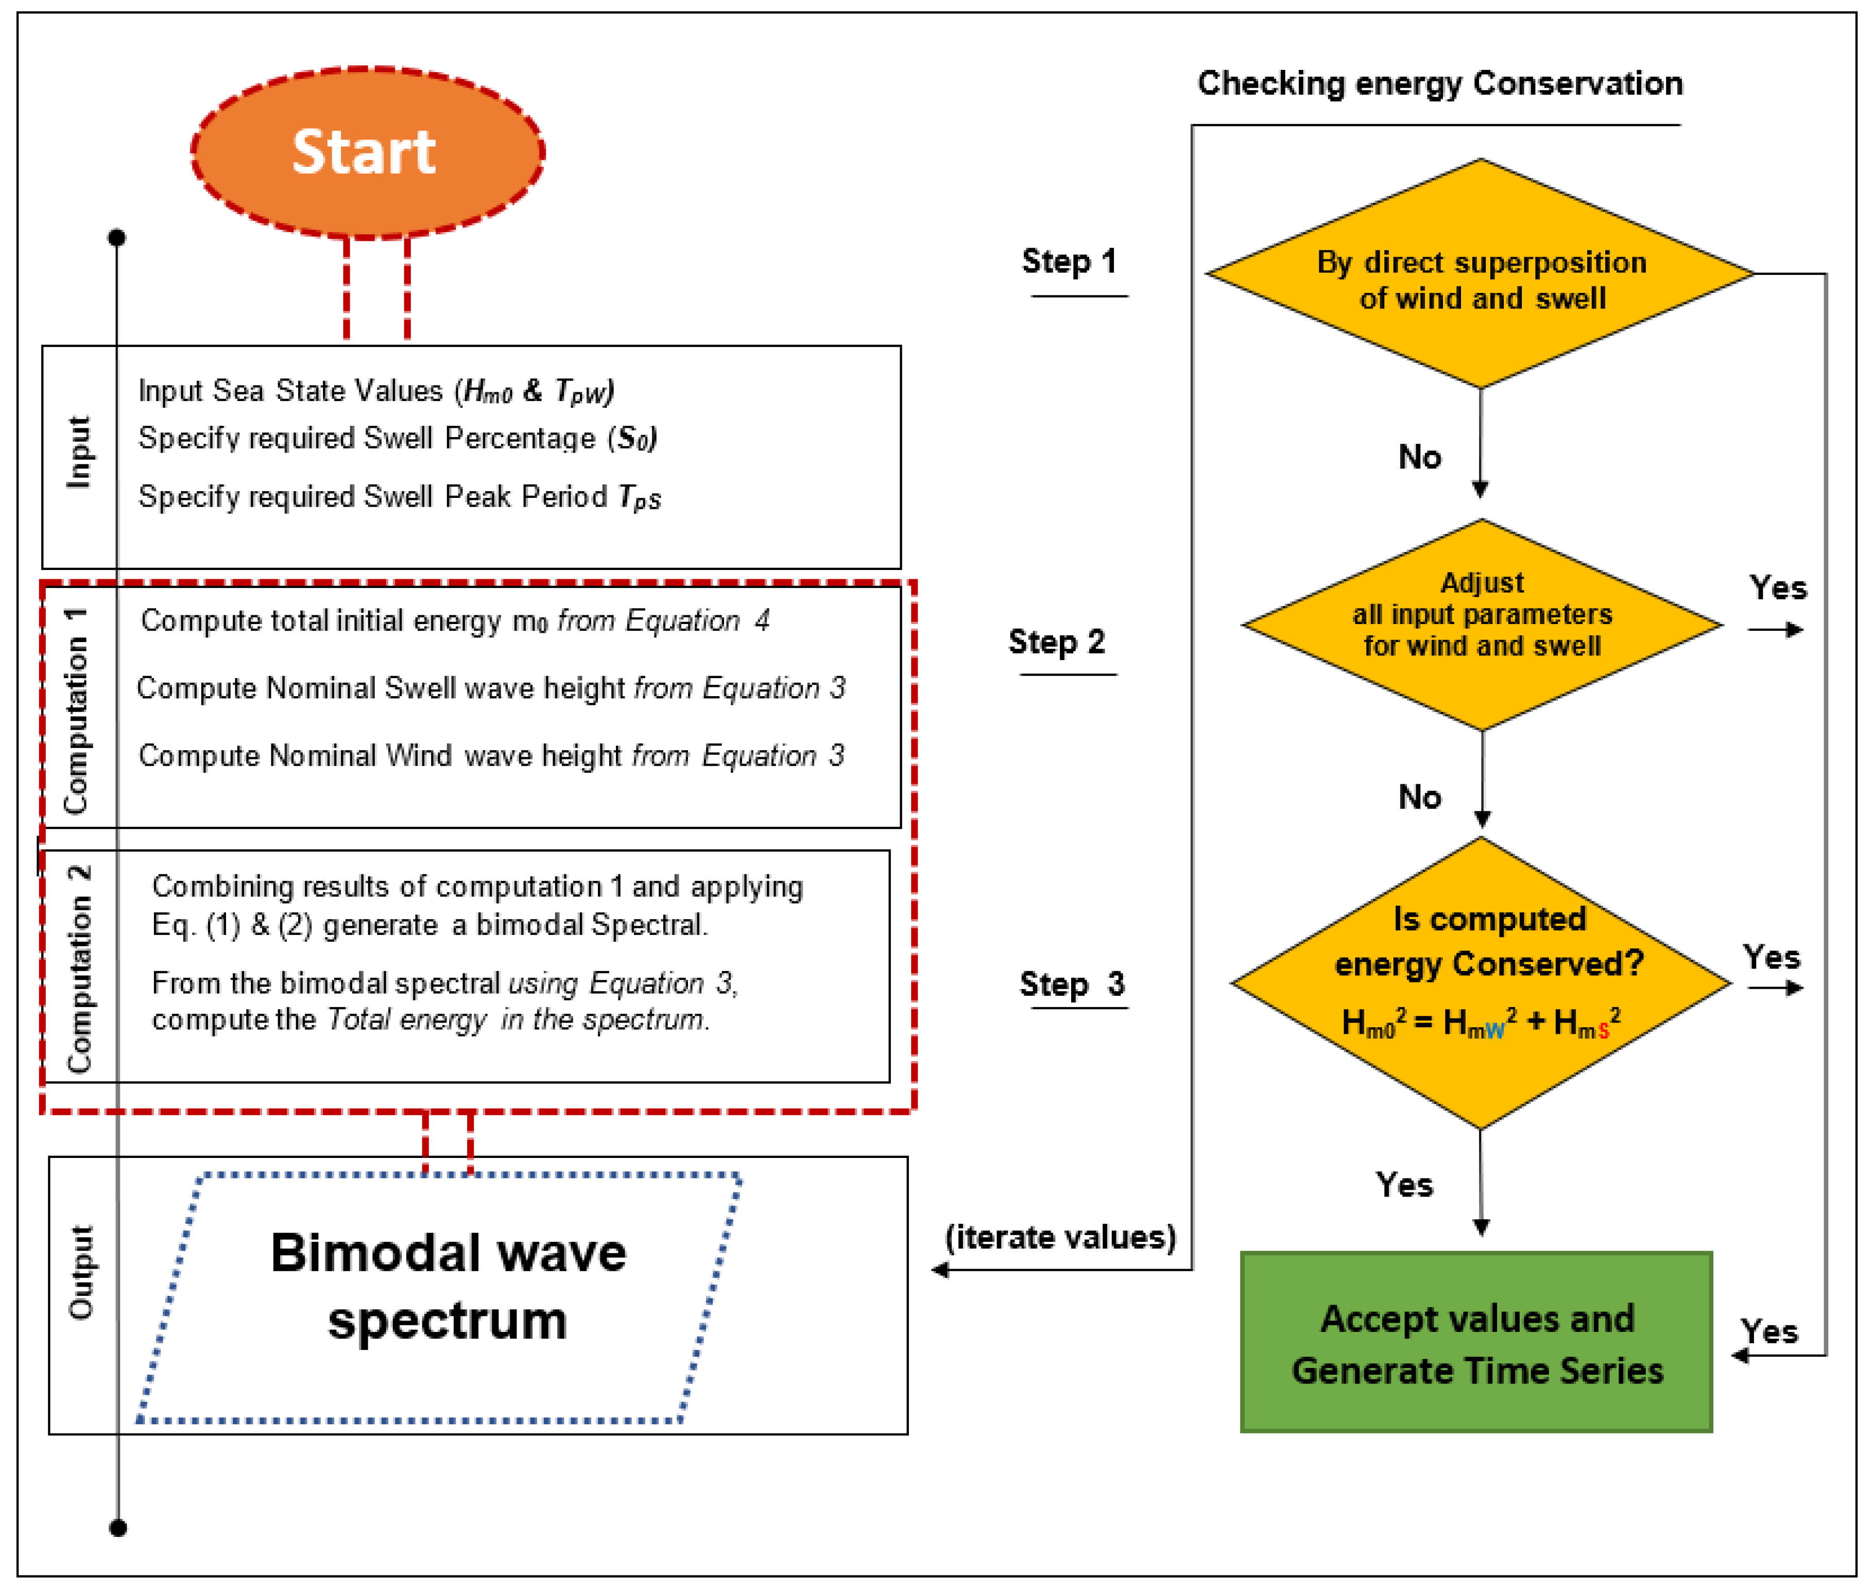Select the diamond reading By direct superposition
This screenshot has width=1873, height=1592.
[x=1481, y=275]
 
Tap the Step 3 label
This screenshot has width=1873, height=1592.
[x=1072, y=984]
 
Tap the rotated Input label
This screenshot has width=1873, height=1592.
[x=79, y=453]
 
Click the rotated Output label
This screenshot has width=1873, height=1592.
[x=81, y=1272]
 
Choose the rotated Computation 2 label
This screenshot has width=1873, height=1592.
[x=79, y=967]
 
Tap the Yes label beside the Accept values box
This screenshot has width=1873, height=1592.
[x=1769, y=1332]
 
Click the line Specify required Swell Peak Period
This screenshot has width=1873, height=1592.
[x=399, y=497]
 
